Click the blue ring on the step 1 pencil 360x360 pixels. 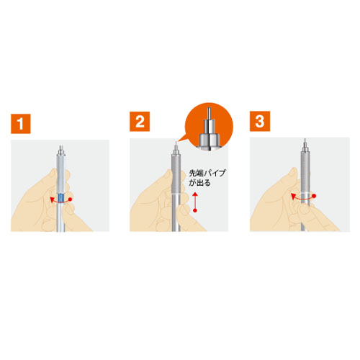click(x=62, y=199)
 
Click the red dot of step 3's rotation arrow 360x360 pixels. click(x=316, y=194)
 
